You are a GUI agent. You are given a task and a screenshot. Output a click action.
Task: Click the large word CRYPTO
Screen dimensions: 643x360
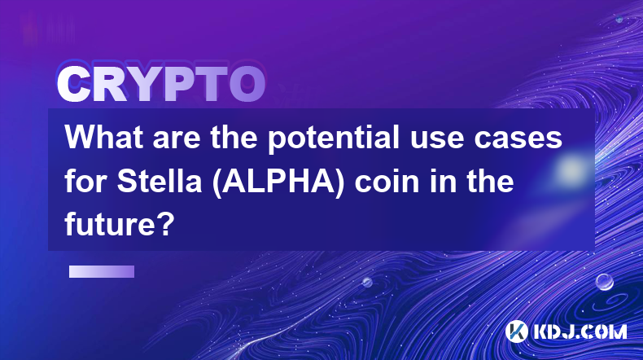coord(161,85)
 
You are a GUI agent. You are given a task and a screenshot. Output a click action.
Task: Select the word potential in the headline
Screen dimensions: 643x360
coord(334,138)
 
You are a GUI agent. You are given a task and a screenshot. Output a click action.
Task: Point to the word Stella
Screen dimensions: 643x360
coord(160,182)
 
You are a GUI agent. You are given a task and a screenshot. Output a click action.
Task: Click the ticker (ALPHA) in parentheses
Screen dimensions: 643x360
coord(278,182)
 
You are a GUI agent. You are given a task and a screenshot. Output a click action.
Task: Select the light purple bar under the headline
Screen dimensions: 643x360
coord(102,272)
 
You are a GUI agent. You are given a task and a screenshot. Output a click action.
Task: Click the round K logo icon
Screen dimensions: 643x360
coord(516,331)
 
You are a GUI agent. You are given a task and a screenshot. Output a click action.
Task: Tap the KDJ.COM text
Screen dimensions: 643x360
coord(580,331)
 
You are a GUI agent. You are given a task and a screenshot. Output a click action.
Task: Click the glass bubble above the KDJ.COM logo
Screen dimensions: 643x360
coord(605,282)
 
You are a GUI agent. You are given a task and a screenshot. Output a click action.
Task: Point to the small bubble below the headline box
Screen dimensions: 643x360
coord(367,282)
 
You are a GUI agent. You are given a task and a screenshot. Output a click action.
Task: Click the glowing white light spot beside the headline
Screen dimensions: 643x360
coord(571,169)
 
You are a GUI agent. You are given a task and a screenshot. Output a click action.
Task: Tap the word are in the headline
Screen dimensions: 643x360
coord(177,139)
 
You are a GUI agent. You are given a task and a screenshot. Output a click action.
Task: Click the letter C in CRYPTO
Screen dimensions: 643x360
coord(74,85)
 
